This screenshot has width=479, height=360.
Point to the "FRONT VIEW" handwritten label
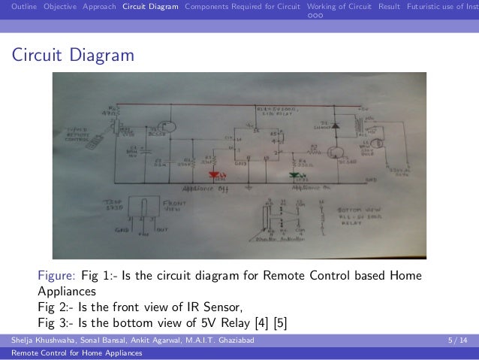coord(173,206)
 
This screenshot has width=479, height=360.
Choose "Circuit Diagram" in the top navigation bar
coord(150,7)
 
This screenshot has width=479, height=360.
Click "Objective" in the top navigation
coord(59,7)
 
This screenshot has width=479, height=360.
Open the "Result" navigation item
coord(389,7)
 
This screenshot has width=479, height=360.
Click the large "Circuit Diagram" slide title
coord(72,56)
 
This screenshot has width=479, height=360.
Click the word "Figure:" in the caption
coord(56,276)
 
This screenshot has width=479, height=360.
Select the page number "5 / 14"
coord(455,340)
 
